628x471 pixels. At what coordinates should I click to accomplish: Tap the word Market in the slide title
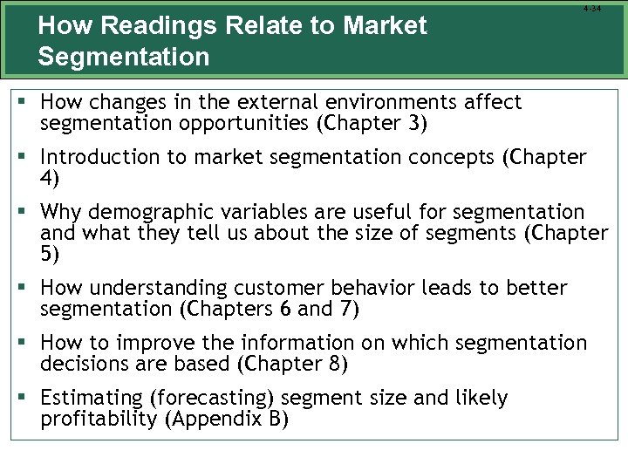pyautogui.click(x=386, y=26)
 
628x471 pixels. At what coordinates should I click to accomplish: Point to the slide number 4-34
pyautogui.click(x=591, y=9)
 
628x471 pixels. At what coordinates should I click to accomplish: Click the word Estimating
pyautogui.click(x=92, y=399)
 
